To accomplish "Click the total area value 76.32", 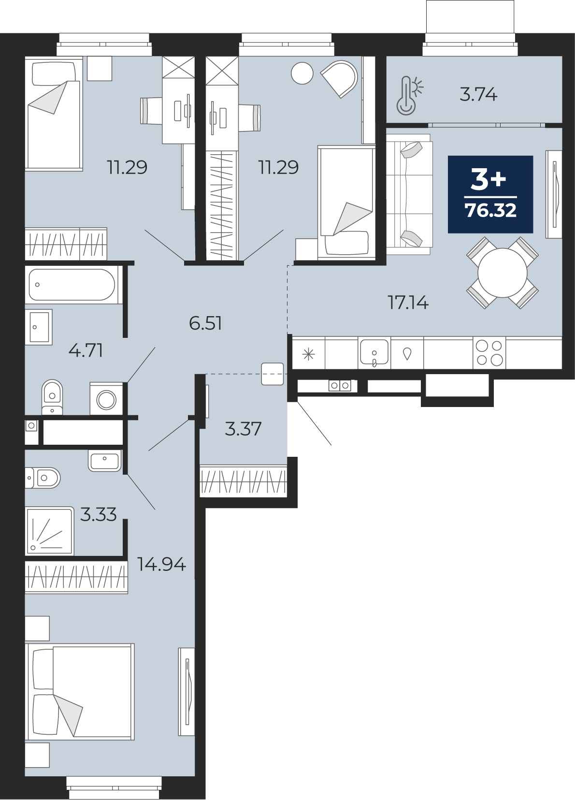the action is click(x=490, y=210).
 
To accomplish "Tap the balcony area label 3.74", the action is click(x=478, y=95).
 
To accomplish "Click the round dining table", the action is click(x=502, y=273).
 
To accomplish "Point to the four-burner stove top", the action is click(x=489, y=353).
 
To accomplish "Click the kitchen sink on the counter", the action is click(x=374, y=352).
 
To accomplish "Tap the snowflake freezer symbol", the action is click(x=308, y=354).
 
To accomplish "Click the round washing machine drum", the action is click(x=106, y=399).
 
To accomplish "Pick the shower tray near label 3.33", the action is click(x=50, y=531).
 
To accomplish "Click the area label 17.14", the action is click(x=408, y=303).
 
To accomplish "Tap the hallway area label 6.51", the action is click(x=205, y=323).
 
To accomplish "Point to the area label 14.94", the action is click(x=161, y=564).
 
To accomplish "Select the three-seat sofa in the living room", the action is click(x=409, y=194).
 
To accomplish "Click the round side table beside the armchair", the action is click(x=302, y=73).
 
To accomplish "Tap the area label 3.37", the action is click(x=243, y=429).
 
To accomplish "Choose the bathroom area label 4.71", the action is click(x=86, y=350).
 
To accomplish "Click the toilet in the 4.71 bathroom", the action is click(x=52, y=397).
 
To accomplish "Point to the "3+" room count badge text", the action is click(x=489, y=179).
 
